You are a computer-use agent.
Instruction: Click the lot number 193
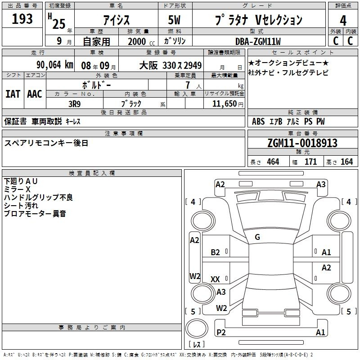22,18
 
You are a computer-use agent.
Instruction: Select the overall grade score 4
343,21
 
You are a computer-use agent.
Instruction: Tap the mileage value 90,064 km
55,65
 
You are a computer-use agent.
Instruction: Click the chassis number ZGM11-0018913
302,143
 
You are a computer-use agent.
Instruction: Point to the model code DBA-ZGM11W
258,41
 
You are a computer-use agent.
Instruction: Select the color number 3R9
74,104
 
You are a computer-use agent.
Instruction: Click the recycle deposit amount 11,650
224,103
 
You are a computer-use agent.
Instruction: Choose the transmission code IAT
13,94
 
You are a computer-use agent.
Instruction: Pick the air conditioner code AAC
35,94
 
